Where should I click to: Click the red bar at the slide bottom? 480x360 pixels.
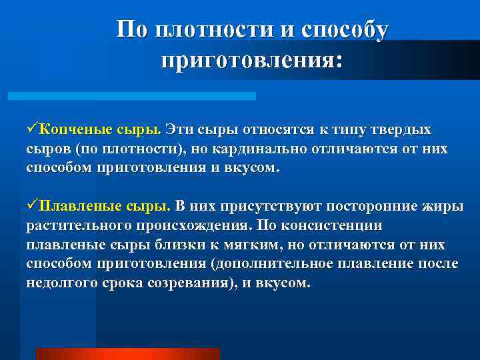(x=127, y=353)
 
